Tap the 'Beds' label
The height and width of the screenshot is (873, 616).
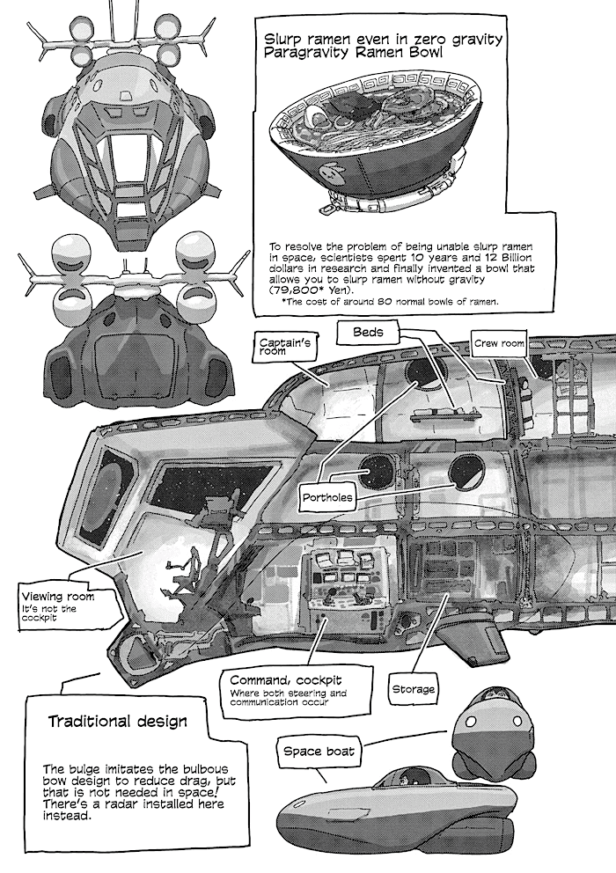click(x=369, y=333)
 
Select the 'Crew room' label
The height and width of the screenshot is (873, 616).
click(x=500, y=343)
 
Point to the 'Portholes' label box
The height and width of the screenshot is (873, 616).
click(x=327, y=497)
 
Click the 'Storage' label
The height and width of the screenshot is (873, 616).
click(x=413, y=689)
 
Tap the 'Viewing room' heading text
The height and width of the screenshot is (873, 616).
click(x=56, y=598)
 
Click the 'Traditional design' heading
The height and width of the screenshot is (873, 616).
click(x=116, y=722)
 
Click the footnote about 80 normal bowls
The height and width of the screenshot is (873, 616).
click(x=389, y=302)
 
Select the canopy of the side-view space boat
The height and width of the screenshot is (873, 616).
click(x=405, y=779)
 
